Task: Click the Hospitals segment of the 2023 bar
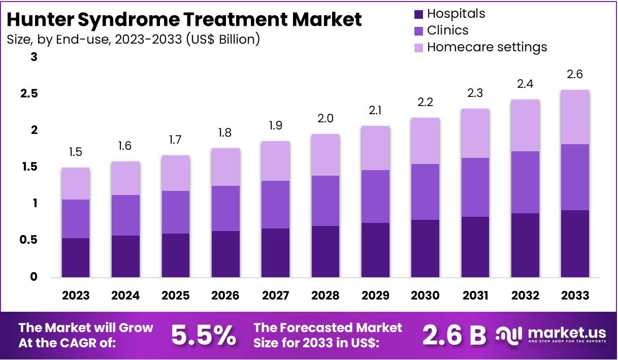(x=76, y=257)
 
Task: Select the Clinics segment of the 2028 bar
(x=326, y=201)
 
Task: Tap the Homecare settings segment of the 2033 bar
(x=575, y=117)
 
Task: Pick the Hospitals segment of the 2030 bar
(x=425, y=248)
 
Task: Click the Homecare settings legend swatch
(x=419, y=47)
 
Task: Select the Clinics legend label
(x=447, y=30)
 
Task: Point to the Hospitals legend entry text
(x=456, y=14)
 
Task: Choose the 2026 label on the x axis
(x=225, y=296)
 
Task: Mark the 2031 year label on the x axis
(x=475, y=296)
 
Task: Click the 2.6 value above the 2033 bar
(x=575, y=75)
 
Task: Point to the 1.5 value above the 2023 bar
(x=76, y=152)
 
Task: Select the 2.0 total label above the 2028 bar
(x=326, y=118)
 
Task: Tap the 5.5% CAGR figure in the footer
(x=203, y=335)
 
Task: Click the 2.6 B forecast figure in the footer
(x=454, y=335)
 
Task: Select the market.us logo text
(x=567, y=333)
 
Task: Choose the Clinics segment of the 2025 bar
(x=176, y=212)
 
